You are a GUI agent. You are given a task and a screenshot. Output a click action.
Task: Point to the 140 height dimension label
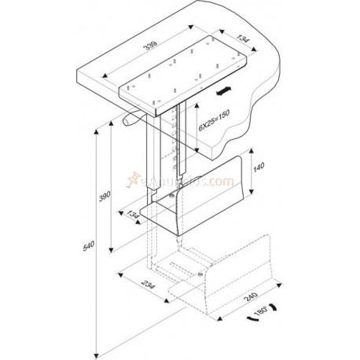tap(259, 168)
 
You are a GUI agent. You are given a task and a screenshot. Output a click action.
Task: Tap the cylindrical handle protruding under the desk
tap(130, 123)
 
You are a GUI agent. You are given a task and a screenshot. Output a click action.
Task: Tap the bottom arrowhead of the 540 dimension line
tap(95, 351)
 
